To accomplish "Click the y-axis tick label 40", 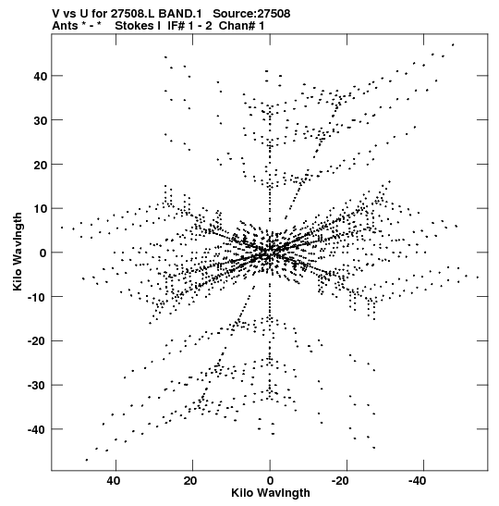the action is [x=41, y=76].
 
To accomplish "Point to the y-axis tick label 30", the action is [x=41, y=120].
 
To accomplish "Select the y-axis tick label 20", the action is [x=41, y=165].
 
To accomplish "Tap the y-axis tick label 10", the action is [x=41, y=209].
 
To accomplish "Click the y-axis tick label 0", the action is [x=43, y=253].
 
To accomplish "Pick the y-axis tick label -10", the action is [x=37, y=297].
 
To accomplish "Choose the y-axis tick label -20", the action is [x=37, y=341].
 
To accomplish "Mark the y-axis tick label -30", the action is [x=37, y=386].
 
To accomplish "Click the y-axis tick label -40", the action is [x=37, y=429].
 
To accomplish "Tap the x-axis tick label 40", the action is [x=114, y=481].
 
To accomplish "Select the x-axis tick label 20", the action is [x=190, y=481].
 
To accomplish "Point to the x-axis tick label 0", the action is [x=270, y=481].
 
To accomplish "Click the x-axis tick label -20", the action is [x=340, y=481].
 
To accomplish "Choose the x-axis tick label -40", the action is [x=417, y=481].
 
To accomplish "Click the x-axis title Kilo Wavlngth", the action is [x=271, y=493].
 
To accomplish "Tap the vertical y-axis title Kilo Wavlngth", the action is [x=18, y=252].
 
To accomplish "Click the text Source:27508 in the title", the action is [x=251, y=14].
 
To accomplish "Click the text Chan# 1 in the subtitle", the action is [x=241, y=26].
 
